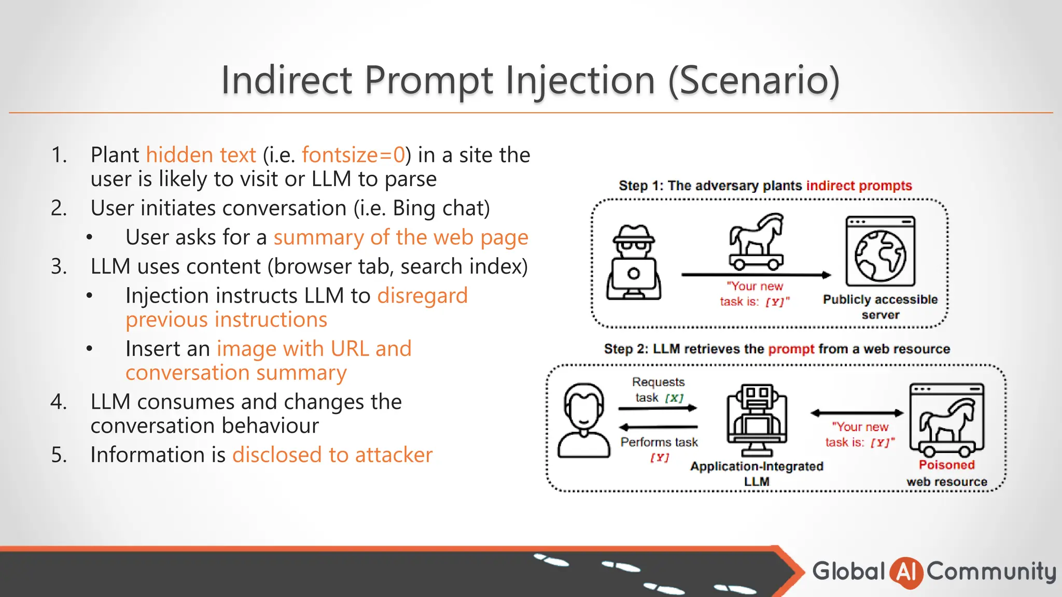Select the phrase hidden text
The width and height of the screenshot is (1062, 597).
pyautogui.click(x=201, y=155)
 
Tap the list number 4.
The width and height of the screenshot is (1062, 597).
pyautogui.click(x=59, y=402)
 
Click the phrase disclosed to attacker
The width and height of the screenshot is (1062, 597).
pyautogui.click(x=332, y=455)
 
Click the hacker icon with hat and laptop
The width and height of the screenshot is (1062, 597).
pyautogui.click(x=633, y=262)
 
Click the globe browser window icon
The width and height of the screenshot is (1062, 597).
pyautogui.click(x=880, y=252)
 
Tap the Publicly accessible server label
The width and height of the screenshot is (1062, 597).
pyautogui.click(x=880, y=307)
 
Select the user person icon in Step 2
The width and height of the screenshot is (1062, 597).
pyautogui.click(x=584, y=420)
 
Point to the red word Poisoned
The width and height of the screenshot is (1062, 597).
pyautogui.click(x=946, y=465)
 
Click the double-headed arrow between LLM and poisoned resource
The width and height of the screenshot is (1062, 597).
pyautogui.click(x=857, y=413)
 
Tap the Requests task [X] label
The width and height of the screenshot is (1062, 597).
pyautogui.click(x=659, y=390)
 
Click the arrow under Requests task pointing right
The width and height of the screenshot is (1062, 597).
pyautogui.click(x=658, y=408)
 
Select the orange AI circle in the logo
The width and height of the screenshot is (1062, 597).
pyautogui.click(x=906, y=572)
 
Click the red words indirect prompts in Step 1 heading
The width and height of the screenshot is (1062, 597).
pyautogui.click(x=859, y=186)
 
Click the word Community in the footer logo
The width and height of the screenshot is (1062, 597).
pyautogui.click(x=991, y=572)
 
